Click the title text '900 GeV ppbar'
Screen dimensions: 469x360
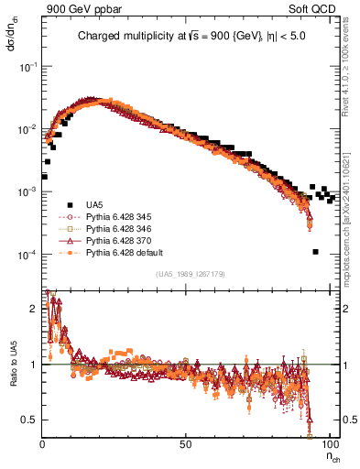pos(76,8)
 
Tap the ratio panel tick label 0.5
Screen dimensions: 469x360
pos(31,420)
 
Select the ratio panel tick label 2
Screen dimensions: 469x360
pos(35,309)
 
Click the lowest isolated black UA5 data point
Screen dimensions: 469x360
pos(315,252)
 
